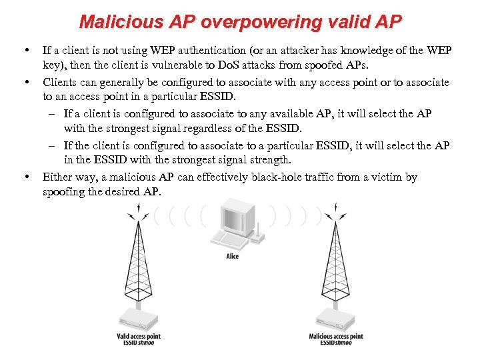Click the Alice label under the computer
pos(232,257)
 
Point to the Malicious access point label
pos(336,337)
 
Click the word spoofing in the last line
pos(64,191)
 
